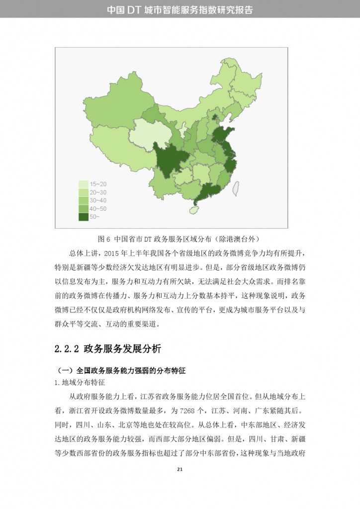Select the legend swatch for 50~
[x=84, y=217]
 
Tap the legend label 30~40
[x=98, y=200]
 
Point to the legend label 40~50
[x=98, y=209]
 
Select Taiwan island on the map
[x=236, y=187]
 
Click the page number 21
[x=180, y=469]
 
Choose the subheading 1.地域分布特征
[x=80, y=383]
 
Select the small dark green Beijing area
[x=215, y=118]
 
